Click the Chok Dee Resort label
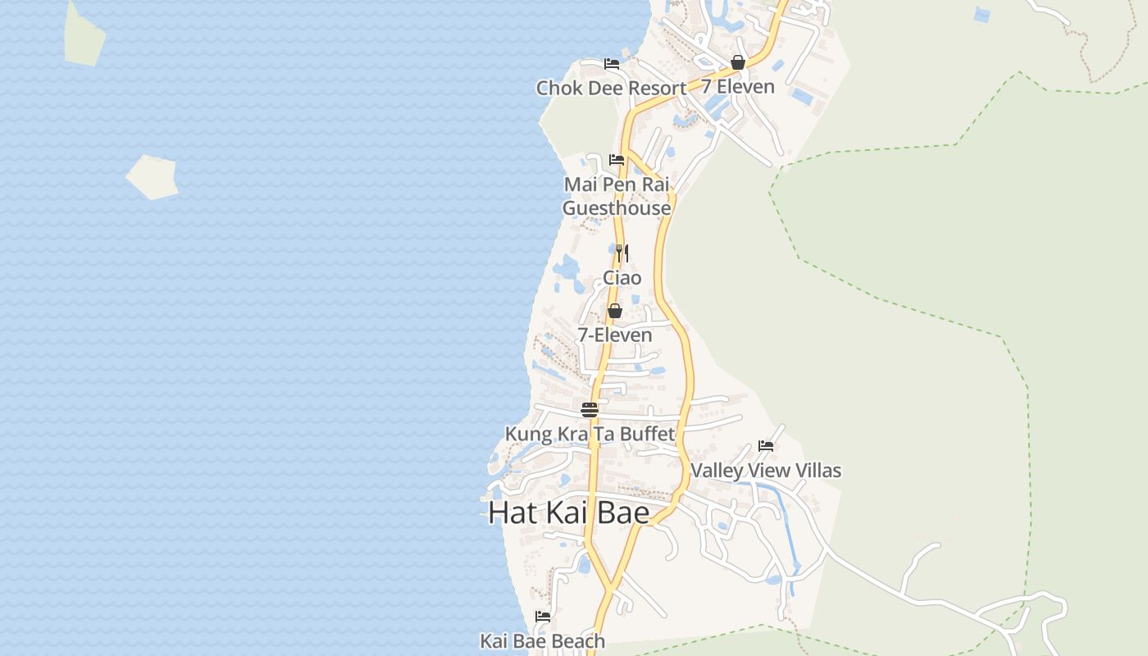pyautogui.click(x=611, y=88)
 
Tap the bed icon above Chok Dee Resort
pyautogui.click(x=612, y=64)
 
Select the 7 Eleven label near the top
pyautogui.click(x=737, y=86)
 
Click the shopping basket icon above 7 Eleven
pyautogui.click(x=738, y=62)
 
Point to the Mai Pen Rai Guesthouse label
pyautogui.click(x=617, y=196)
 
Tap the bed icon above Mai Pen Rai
pyautogui.click(x=617, y=160)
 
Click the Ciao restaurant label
pyautogui.click(x=622, y=278)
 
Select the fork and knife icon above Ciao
pyautogui.click(x=622, y=253)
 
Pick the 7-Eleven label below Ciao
pyautogui.click(x=615, y=335)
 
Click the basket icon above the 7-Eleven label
pyautogui.click(x=615, y=311)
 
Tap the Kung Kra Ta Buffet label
pyautogui.click(x=590, y=434)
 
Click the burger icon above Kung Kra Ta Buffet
pyautogui.click(x=590, y=409)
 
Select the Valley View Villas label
pyautogui.click(x=766, y=471)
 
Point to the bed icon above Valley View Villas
pyautogui.click(x=766, y=446)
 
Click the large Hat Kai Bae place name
pyautogui.click(x=569, y=513)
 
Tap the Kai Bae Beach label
pyautogui.click(x=543, y=641)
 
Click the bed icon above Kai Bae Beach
pyautogui.click(x=543, y=617)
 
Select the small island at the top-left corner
pyautogui.click(x=84, y=37)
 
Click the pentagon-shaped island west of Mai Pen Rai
pyautogui.click(x=153, y=177)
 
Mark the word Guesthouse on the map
pyautogui.click(x=617, y=208)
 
